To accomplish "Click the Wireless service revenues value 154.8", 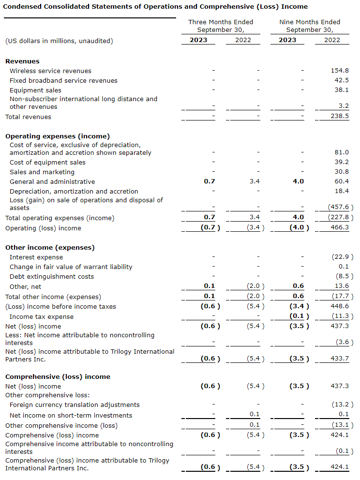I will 340,71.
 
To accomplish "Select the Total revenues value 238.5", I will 340,117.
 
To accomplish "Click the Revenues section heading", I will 22,61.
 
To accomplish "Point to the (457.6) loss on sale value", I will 338,208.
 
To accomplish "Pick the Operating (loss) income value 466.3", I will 340,228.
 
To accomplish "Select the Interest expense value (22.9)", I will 340,257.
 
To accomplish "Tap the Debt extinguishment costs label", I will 52,276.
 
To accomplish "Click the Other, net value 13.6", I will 341,286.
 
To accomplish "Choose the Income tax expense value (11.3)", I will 340,316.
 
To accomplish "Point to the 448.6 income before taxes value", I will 340,306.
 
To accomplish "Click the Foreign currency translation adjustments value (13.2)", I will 340,405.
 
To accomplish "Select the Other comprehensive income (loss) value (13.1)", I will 340,425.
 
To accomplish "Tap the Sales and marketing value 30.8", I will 341,172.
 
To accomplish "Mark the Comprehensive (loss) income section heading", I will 58,376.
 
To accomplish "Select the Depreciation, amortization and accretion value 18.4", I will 341,191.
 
